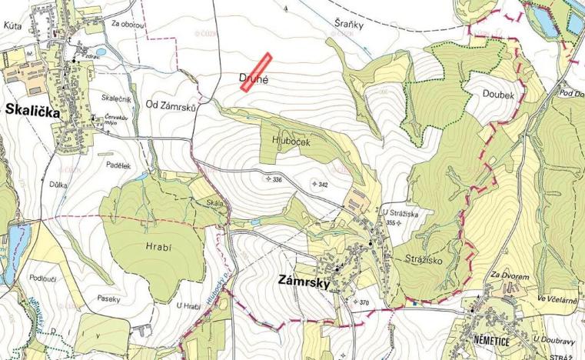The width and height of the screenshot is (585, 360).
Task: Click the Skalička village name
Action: [29, 108]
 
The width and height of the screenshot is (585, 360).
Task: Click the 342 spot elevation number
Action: [323, 185]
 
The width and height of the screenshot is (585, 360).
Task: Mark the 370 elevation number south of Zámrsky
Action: [364, 302]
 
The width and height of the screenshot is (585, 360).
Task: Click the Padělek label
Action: [119, 165]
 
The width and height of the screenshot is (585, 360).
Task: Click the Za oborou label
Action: [126, 24]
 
